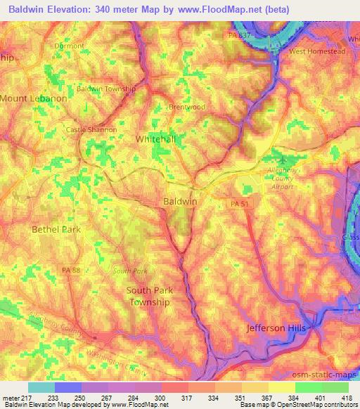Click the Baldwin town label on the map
click(x=180, y=201)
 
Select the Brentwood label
click(x=186, y=107)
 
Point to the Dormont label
click(x=70, y=46)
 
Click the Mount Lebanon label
click(x=33, y=99)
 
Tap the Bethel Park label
click(x=56, y=229)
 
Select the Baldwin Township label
click(x=106, y=89)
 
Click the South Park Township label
click(x=149, y=296)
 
